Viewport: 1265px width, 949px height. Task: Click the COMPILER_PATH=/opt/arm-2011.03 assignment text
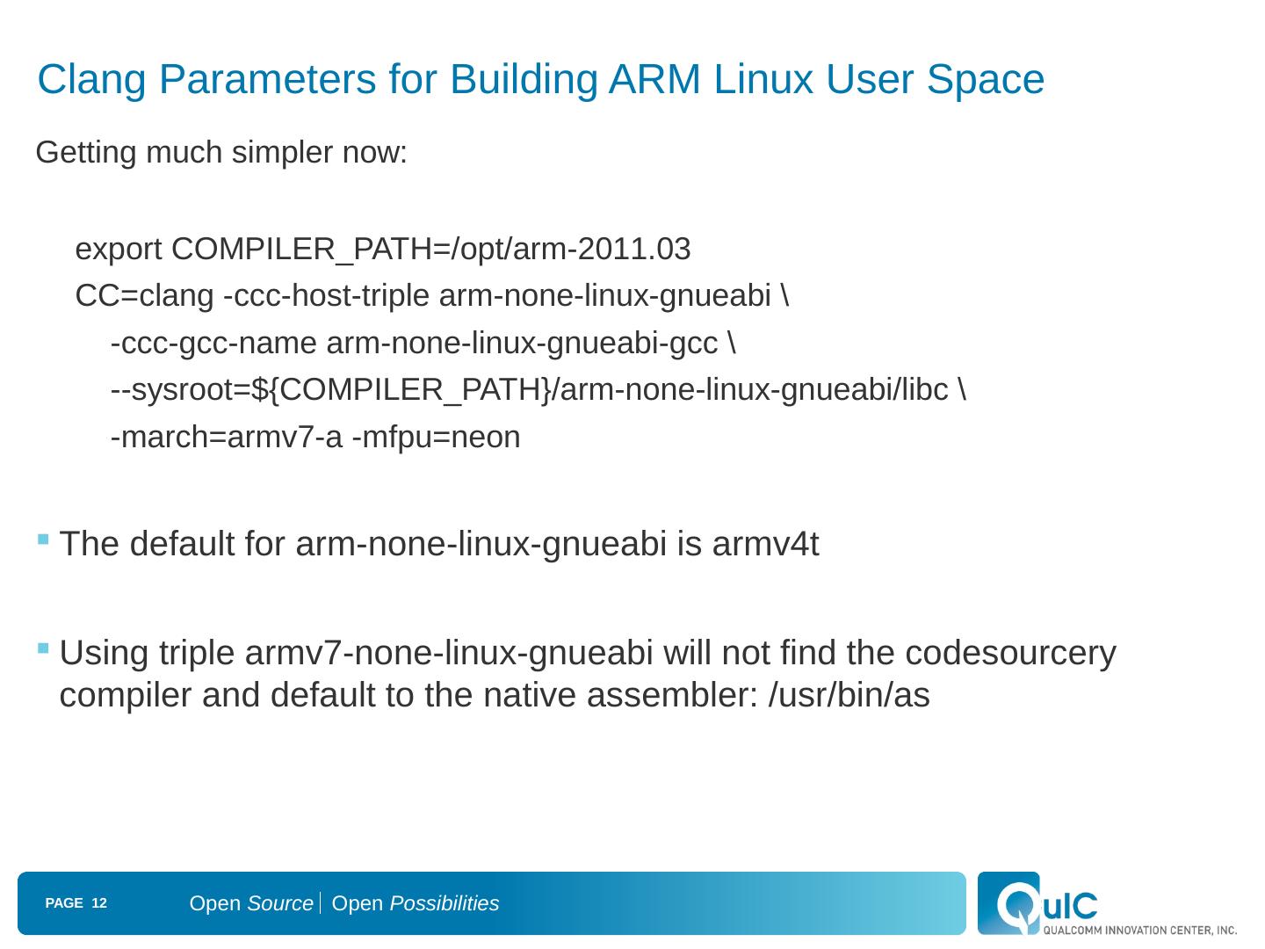point(431,250)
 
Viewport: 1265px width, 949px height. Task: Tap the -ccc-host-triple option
point(326,297)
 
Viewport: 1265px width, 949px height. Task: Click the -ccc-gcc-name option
point(213,344)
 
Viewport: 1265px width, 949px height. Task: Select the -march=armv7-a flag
point(226,437)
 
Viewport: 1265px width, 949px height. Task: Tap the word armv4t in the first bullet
point(765,545)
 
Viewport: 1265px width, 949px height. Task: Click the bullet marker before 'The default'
point(43,539)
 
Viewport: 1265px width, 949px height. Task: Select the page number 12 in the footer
point(99,903)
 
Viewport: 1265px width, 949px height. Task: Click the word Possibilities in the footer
point(444,903)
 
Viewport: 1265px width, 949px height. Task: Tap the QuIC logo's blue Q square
point(1008,902)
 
